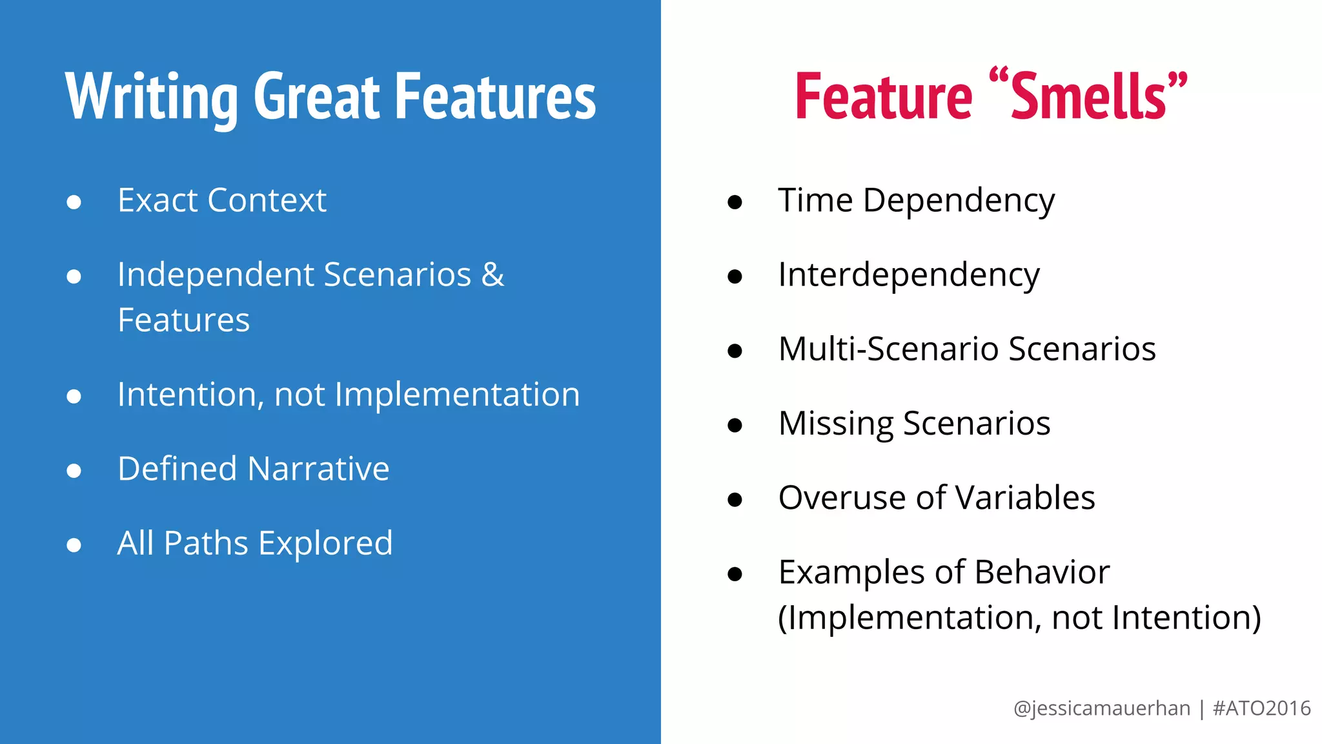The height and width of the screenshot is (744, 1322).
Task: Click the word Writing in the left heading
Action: (152, 97)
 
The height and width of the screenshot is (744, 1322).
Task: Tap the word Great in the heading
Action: (317, 97)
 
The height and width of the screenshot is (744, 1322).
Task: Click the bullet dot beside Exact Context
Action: (74, 202)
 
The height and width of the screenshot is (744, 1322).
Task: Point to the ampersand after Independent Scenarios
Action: (493, 274)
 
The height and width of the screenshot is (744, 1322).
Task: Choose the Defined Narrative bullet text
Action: (253, 469)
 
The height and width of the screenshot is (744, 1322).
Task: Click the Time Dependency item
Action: (916, 201)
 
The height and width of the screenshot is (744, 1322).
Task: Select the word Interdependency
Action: (909, 275)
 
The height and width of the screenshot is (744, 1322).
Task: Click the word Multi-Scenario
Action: (890, 349)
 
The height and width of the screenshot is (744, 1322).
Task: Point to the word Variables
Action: (1025, 498)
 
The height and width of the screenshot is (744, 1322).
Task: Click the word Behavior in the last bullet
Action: (1042, 572)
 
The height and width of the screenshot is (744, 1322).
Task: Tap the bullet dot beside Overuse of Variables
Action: (735, 499)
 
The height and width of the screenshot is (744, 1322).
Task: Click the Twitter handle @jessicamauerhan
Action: (1101, 708)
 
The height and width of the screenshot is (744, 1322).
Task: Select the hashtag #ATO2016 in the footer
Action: (1261, 708)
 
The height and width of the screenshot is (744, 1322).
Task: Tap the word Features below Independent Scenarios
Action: (184, 320)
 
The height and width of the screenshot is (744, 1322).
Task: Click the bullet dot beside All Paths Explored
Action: (74, 545)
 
